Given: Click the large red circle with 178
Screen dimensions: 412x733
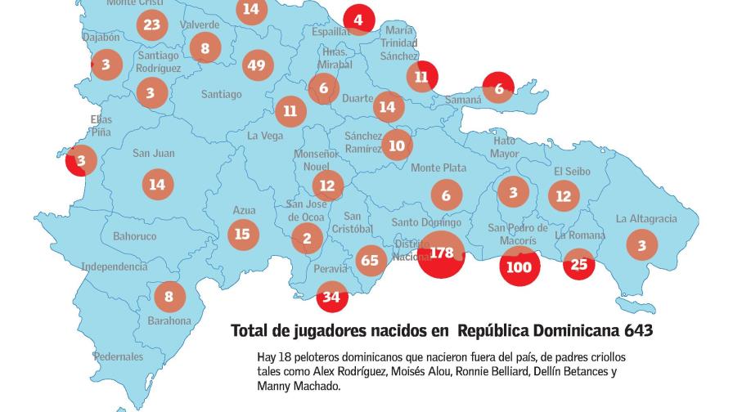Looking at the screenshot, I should pyautogui.click(x=442, y=253).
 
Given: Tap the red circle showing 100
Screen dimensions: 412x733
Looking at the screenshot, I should pyautogui.click(x=519, y=266).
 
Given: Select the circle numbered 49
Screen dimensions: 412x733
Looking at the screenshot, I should pyautogui.click(x=258, y=65).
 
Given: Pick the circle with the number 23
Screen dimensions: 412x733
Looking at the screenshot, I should pyautogui.click(x=151, y=25).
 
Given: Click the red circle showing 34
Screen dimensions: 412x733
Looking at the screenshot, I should pyautogui.click(x=331, y=297).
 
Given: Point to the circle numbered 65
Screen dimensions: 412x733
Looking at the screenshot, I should pyautogui.click(x=371, y=260).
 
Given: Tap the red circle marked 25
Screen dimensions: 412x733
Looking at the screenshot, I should pyautogui.click(x=579, y=264).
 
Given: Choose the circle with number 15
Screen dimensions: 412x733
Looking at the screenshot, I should pyautogui.click(x=242, y=235).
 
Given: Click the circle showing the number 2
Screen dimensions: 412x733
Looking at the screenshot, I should pyautogui.click(x=307, y=238).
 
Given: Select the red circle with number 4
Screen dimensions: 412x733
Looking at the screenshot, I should pyautogui.click(x=358, y=20).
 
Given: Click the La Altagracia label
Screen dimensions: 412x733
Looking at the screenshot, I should pyautogui.click(x=646, y=219).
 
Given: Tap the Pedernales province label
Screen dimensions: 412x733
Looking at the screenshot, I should pyautogui.click(x=118, y=356).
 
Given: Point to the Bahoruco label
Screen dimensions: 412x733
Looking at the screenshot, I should pyautogui.click(x=134, y=236).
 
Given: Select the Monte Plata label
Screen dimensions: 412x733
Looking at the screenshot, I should pyautogui.click(x=438, y=168).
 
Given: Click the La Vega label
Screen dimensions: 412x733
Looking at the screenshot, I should pyautogui.click(x=265, y=136).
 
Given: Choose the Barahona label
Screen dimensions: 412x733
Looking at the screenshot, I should pyautogui.click(x=169, y=321).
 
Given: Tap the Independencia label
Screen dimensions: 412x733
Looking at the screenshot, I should pyautogui.click(x=114, y=266).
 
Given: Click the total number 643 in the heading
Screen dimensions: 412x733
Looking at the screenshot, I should pyautogui.click(x=637, y=330).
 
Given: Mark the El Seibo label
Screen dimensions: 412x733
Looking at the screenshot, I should pyautogui.click(x=571, y=172).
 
